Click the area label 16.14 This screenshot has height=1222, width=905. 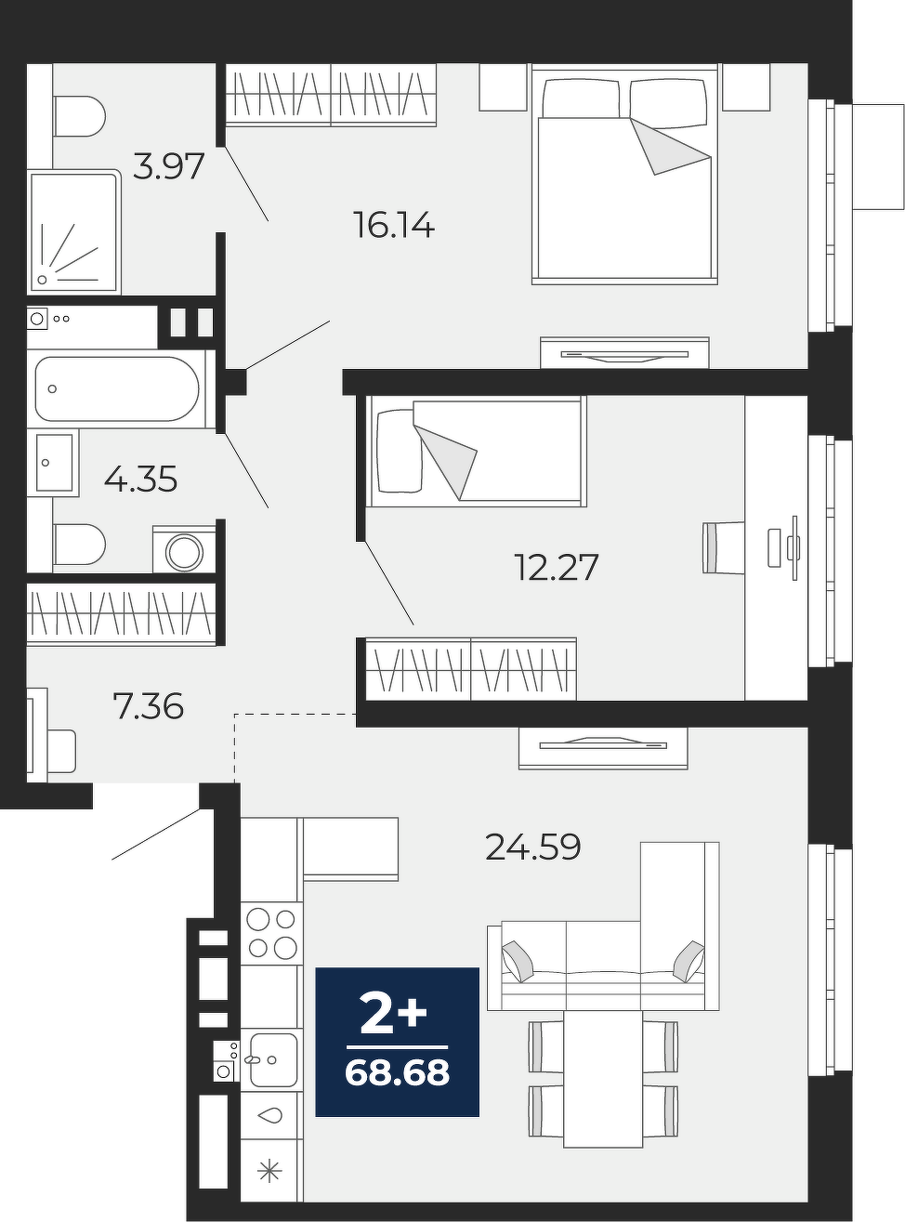pos(394,226)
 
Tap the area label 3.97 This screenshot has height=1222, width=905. pos(169,166)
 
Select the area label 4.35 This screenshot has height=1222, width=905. pos(141,479)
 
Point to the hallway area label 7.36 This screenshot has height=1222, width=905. pos(148,706)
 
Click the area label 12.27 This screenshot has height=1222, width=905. pos(557,568)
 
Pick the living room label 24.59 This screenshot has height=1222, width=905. pos(533,847)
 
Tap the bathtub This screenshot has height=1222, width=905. pos(117,389)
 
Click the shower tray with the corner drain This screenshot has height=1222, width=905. pos(73,232)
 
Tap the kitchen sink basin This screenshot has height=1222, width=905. pos(272,1059)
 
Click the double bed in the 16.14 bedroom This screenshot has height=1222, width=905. pos(624,174)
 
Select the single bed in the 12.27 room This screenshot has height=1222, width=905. pos(477,452)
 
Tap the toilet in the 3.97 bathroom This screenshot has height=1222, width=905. pos(79,117)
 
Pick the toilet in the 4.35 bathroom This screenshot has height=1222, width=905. pos(79,545)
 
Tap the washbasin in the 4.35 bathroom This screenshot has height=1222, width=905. pos(55,462)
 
